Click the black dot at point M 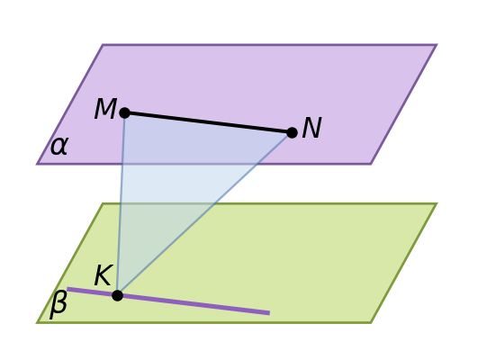pyautogui.click(x=124, y=112)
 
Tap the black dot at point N pyautogui.click(x=292, y=133)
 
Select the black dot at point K pyautogui.click(x=117, y=295)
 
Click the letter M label pyautogui.click(x=105, y=109)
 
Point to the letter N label pyautogui.click(x=311, y=128)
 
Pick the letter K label pyautogui.click(x=103, y=275)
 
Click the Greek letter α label pyautogui.click(x=59, y=146)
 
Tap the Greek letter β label pyautogui.click(x=59, y=304)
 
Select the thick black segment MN pyautogui.click(x=208, y=123)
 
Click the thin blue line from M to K pyautogui.click(x=122, y=204)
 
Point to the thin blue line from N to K pyautogui.click(x=204, y=214)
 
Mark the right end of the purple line pyautogui.click(x=269, y=313)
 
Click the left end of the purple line pyautogui.click(x=68, y=289)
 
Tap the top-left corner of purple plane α pyautogui.click(x=103, y=45)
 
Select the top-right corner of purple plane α pyautogui.click(x=437, y=45)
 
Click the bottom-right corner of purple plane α pyautogui.click(x=371, y=164)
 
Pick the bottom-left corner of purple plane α pyautogui.click(x=37, y=164)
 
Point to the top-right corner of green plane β pyautogui.click(x=437, y=203)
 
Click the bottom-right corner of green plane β pyautogui.click(x=371, y=323)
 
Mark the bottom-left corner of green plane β pyautogui.click(x=37, y=323)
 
